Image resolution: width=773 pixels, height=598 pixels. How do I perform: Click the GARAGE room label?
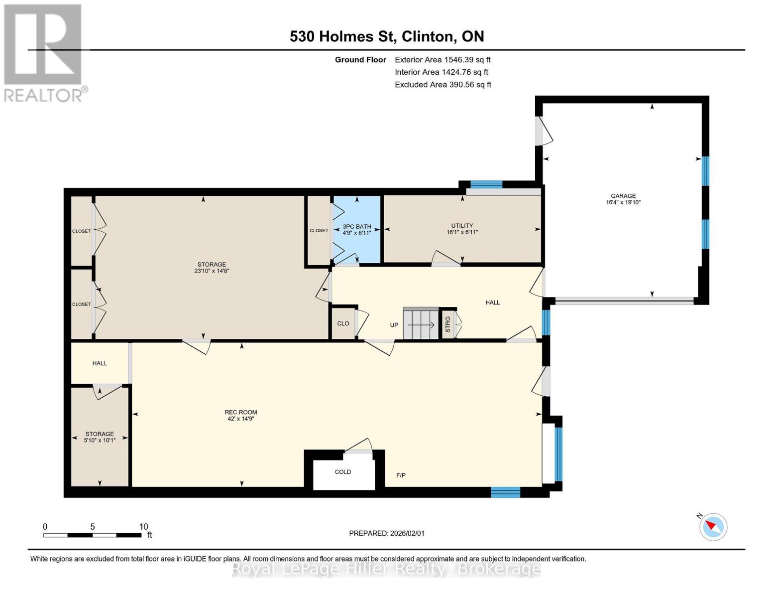[623, 196]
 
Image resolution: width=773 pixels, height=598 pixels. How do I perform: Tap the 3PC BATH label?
[357, 226]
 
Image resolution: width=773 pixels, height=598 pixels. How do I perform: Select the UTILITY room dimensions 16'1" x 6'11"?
[462, 232]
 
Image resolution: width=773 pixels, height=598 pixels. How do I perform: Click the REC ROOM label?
[240, 412]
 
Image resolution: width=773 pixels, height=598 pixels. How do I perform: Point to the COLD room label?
[343, 471]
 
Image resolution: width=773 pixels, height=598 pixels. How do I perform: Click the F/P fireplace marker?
[401, 475]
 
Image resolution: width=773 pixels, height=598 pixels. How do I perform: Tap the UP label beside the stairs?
[394, 325]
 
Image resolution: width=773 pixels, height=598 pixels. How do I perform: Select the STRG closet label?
[447, 324]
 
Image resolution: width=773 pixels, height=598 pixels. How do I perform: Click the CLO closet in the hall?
[343, 323]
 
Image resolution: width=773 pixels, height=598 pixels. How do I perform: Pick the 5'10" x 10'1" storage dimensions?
[100, 441]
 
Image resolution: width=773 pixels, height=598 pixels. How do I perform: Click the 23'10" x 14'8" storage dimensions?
[212, 271]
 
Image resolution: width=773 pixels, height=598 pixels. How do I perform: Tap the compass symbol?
[713, 527]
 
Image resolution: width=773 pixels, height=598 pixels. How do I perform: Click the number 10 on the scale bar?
[144, 527]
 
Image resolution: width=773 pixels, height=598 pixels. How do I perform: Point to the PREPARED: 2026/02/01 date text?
[387, 533]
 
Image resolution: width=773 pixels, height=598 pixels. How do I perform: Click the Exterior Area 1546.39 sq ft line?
[442, 59]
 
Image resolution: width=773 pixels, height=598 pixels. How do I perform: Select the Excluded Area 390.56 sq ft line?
[443, 85]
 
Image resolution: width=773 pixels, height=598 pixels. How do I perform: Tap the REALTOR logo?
[44, 52]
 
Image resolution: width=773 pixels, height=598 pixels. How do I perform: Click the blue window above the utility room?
[486, 184]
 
